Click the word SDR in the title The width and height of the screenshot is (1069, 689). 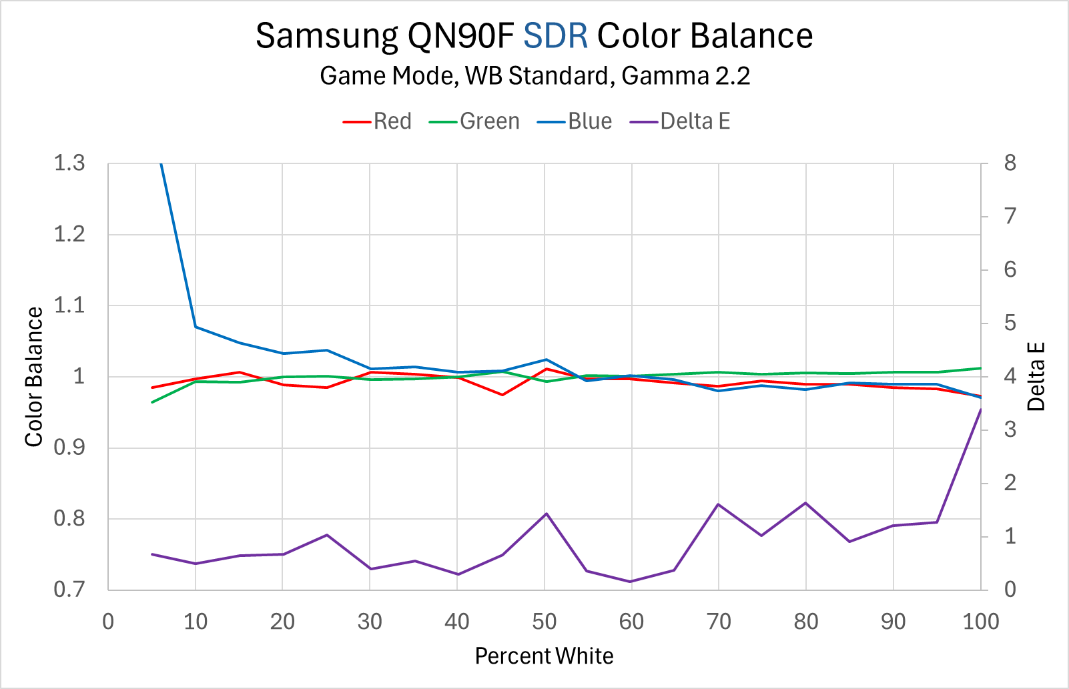click(555, 36)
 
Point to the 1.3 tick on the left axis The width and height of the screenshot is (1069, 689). click(69, 163)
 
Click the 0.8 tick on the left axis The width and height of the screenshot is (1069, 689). click(69, 518)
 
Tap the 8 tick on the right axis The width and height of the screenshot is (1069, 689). click(1010, 163)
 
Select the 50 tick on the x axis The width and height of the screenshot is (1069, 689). click(545, 622)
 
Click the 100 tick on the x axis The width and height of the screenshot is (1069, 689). click(980, 622)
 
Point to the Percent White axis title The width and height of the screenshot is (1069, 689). click(544, 656)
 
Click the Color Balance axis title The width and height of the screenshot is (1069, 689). click(34, 377)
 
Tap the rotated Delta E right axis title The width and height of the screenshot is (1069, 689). click(1036, 377)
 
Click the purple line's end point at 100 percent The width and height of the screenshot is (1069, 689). click(980, 410)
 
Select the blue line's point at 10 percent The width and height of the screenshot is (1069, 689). click(196, 327)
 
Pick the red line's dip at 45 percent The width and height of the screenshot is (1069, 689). click(502, 395)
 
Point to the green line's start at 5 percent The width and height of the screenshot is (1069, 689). click(153, 402)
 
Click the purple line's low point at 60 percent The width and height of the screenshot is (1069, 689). click(631, 582)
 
